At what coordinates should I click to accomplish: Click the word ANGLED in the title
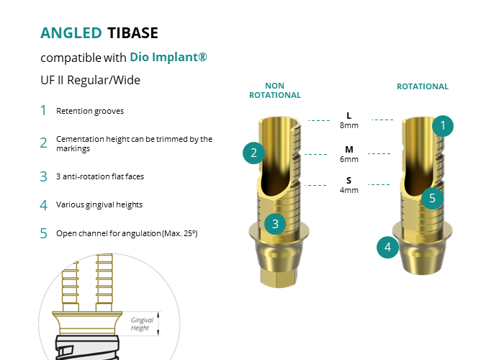71,33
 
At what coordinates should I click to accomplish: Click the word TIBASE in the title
132,33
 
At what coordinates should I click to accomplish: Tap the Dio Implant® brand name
168,57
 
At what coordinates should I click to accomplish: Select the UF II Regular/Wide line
90,80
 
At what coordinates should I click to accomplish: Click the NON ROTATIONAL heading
275,90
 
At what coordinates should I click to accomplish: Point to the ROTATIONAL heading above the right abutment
423,86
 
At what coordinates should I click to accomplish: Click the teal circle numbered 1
443,126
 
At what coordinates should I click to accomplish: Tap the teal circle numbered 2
253,153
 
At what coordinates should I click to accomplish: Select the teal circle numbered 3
275,224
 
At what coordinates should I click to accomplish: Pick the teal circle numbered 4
387,247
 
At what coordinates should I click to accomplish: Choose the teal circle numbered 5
432,198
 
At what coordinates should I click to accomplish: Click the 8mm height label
349,125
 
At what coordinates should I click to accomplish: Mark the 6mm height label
349,159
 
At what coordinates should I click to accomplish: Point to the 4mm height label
349,190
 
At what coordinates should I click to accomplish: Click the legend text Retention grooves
90,111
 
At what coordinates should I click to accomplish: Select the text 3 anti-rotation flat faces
100,176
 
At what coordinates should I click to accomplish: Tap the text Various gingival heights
99,204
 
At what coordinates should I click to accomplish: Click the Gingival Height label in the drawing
142,324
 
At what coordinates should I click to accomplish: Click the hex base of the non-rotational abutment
279,277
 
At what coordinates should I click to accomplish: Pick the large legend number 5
44,233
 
